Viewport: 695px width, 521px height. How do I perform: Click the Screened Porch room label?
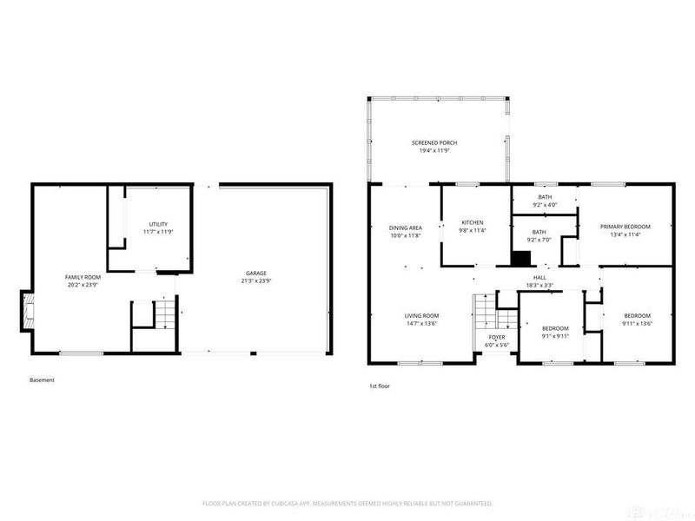click(434, 142)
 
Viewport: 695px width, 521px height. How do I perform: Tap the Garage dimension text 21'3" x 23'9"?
click(255, 282)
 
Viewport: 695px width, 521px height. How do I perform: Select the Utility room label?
click(157, 224)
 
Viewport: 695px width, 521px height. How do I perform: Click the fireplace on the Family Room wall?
click(29, 312)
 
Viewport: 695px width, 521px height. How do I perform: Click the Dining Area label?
click(405, 228)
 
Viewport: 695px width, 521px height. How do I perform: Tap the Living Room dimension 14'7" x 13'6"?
click(420, 323)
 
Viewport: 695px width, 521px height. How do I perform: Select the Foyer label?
click(497, 337)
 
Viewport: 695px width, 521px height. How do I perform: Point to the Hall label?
click(539, 277)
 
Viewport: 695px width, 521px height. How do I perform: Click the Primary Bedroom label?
click(625, 227)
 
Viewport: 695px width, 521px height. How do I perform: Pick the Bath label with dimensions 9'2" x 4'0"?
click(545, 197)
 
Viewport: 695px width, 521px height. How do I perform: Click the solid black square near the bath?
click(520, 258)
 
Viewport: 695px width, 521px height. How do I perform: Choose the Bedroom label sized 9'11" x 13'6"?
click(637, 315)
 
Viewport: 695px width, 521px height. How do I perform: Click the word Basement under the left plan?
click(42, 379)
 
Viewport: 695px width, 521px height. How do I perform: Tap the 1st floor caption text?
click(380, 385)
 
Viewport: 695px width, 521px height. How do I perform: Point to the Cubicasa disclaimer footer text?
click(347, 503)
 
